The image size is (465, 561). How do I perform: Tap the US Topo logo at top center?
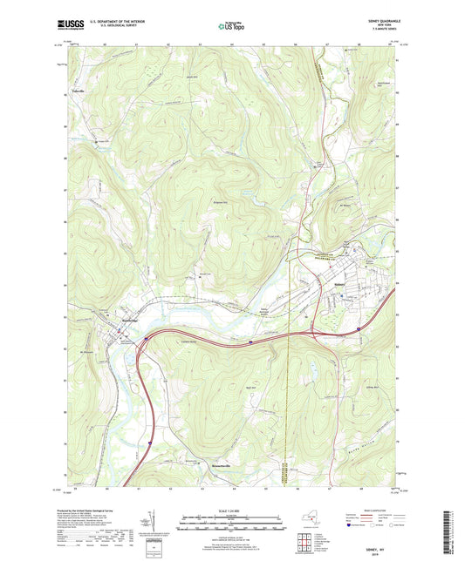(230, 27)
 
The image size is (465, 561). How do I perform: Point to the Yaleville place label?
(81, 91)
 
